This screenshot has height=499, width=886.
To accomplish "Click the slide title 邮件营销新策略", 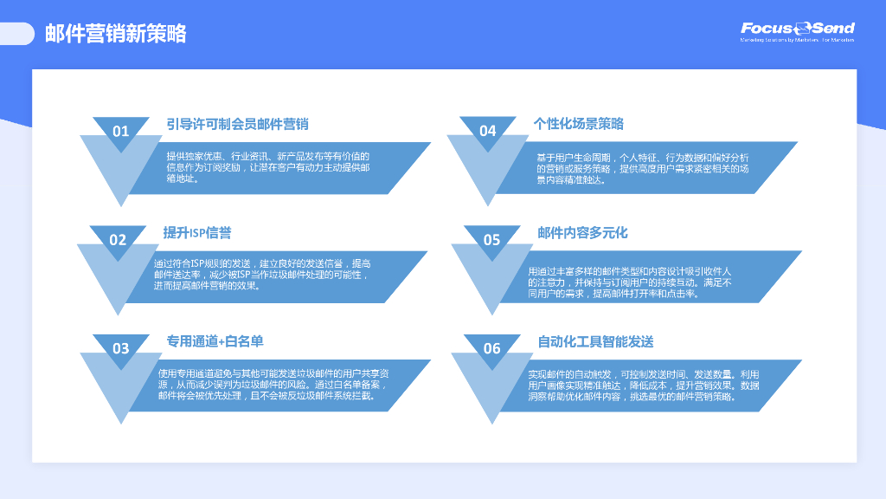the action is [116, 34].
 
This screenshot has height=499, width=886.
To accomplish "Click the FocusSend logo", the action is [797, 31].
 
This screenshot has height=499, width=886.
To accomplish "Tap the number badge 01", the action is [120, 131].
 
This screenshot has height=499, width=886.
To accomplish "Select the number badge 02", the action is [118, 240].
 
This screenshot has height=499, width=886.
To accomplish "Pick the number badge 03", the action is [120, 348].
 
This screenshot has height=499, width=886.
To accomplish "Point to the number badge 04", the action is [488, 131].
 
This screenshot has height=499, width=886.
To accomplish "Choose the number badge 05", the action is [491, 240].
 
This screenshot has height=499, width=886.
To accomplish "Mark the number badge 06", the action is [491, 348].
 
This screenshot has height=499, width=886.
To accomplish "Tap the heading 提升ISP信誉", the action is [197, 233].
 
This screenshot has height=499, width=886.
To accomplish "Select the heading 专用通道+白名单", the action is [215, 341].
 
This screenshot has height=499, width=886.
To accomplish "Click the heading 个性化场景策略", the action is [579, 124].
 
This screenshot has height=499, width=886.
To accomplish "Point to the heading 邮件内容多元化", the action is [582, 233].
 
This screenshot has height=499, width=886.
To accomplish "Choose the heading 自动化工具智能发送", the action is [595, 341].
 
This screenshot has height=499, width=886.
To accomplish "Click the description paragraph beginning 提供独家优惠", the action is [268, 167].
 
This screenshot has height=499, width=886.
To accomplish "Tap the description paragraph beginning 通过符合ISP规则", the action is [262, 274].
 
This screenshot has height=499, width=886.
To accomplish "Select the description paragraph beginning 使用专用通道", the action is [273, 385].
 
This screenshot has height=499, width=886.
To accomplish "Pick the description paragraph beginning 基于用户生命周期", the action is [643, 168].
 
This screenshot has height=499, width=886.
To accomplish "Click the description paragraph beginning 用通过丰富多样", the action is [630, 282].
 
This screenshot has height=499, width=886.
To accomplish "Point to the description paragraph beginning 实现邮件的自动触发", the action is [644, 385].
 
